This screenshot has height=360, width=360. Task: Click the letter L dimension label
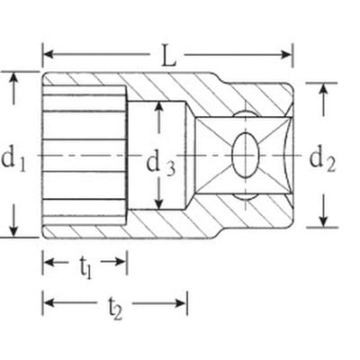(x=168, y=56)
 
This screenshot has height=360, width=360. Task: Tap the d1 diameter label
(x=13, y=159)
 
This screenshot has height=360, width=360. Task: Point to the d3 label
(x=160, y=165)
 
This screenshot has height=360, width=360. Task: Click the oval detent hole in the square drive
(x=246, y=155)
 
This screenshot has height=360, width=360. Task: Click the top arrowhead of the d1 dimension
(x=13, y=78)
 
